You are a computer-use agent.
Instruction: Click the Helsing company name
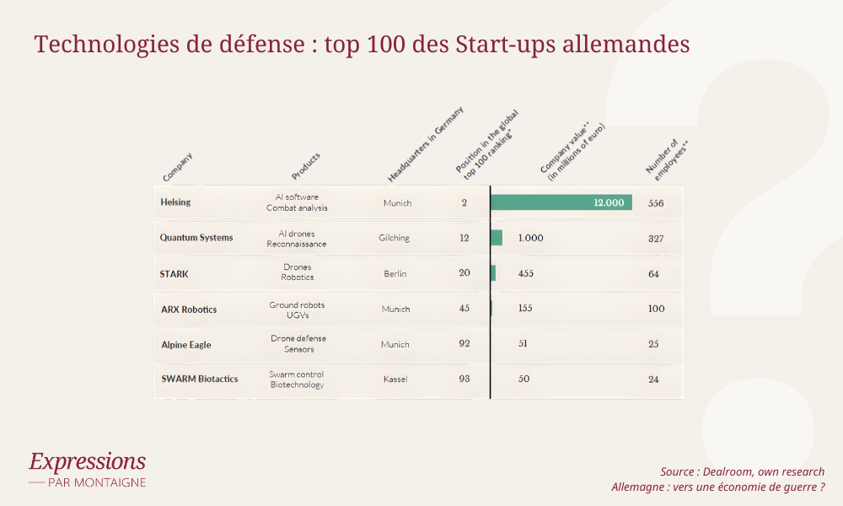175,202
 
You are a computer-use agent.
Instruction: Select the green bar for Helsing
561,202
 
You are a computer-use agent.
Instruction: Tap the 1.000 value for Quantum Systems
530,238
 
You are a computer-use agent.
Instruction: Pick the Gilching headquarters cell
394,238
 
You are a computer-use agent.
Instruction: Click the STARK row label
174,274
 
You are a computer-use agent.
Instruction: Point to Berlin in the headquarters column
395,274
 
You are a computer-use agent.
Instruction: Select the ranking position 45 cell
464,309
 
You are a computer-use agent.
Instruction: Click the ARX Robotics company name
189,310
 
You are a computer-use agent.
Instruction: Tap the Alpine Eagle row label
186,345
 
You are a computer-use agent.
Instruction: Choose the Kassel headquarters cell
395,379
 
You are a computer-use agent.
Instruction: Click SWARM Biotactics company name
199,379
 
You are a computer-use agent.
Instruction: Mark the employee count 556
657,203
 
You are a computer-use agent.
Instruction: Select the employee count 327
656,239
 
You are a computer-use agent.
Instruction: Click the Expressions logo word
87,461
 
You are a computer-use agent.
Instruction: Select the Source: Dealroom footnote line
742,471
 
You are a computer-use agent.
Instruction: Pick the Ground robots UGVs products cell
297,310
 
